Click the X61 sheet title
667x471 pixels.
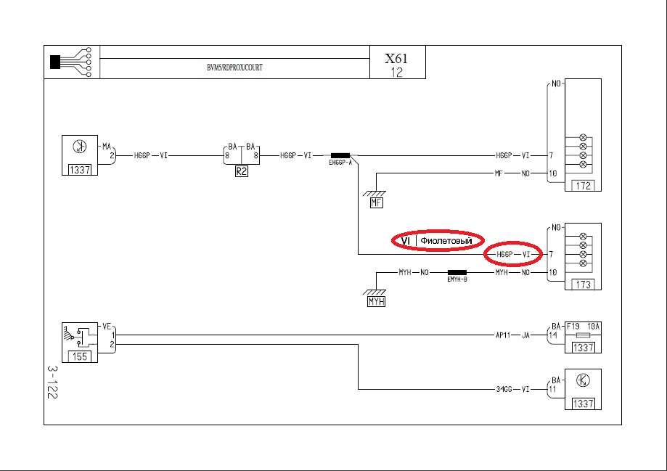click(396, 58)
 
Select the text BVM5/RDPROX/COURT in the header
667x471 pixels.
click(235, 67)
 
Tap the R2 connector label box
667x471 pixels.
click(241, 171)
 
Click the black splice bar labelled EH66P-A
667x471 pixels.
click(340, 156)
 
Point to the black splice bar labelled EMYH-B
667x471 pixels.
click(457, 272)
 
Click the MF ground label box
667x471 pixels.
click(376, 202)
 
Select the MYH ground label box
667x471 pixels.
click(376, 301)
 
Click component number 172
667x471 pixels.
click(584, 186)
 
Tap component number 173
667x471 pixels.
click(584, 284)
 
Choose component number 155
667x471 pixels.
click(80, 356)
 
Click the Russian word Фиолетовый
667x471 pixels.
click(446, 241)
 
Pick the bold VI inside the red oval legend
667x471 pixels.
click(406, 241)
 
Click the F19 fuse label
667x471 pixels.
click(573, 327)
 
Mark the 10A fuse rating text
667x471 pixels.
click(594, 327)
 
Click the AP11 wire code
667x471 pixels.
click(503, 335)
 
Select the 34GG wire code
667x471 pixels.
click(504, 389)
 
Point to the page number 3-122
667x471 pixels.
click(52, 382)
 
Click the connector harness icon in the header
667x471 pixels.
click(70, 62)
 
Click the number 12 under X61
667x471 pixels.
click(396, 73)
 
